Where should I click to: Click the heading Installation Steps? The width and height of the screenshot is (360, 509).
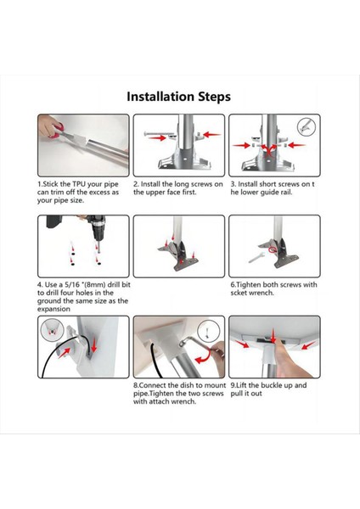tap(178, 97)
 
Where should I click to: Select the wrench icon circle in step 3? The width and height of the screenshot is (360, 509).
tap(307, 126)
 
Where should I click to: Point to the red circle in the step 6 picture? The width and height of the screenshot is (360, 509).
tap(273, 249)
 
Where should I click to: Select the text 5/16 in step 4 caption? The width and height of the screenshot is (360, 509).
tap(72, 285)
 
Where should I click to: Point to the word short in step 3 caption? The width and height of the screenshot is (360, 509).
tap(268, 184)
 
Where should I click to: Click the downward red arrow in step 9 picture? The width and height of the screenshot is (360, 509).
tap(273, 336)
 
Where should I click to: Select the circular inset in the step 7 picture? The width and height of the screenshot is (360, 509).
tap(52, 330)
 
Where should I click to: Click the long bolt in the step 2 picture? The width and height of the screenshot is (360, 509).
tap(160, 134)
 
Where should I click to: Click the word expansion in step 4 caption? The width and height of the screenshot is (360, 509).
tap(53, 309)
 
